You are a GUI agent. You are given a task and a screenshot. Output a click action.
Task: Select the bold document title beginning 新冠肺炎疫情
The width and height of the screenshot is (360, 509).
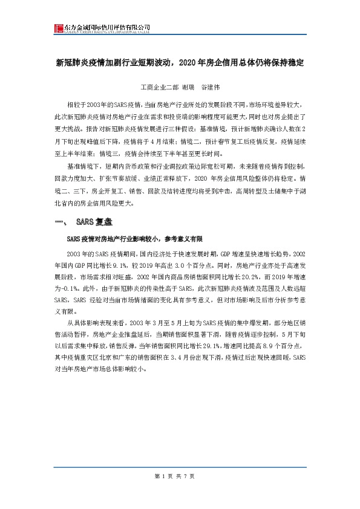[179, 62]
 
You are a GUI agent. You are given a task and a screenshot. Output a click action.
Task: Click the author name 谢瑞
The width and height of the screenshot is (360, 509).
[187, 86]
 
